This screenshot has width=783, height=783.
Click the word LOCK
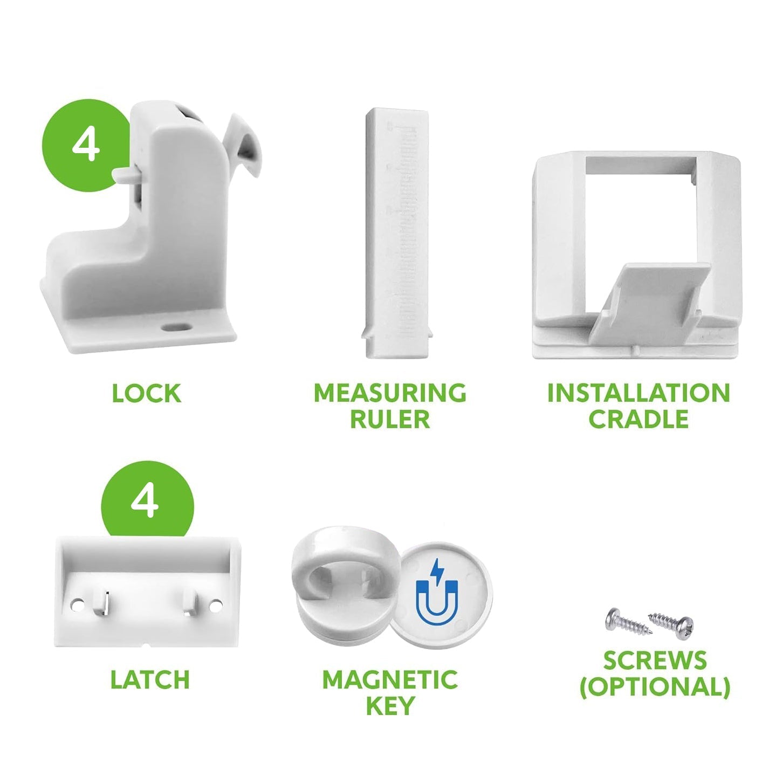146,393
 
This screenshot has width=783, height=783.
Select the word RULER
390,419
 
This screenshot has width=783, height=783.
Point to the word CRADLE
639,419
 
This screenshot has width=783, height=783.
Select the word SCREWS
655,660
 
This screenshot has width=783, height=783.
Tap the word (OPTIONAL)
655,687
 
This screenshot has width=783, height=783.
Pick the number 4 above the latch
145,502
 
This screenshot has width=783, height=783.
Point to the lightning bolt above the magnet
437,569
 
